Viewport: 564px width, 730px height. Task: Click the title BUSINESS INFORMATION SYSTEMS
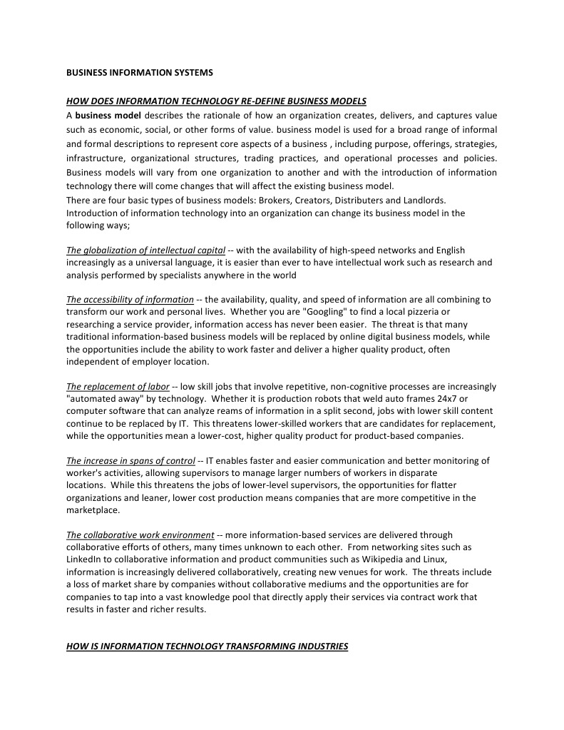pos(140,73)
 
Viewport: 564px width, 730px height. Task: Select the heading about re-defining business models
pos(216,101)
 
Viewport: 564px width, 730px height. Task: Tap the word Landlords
pos(423,201)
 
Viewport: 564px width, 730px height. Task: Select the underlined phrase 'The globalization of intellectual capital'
pos(145,250)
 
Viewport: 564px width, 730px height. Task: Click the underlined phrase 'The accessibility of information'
pos(130,300)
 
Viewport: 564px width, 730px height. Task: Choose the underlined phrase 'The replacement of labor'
pos(118,387)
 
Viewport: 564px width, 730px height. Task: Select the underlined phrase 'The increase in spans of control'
pos(130,461)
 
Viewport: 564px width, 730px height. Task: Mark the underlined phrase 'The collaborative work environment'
pos(140,535)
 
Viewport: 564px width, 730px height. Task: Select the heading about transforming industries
pos(207,647)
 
